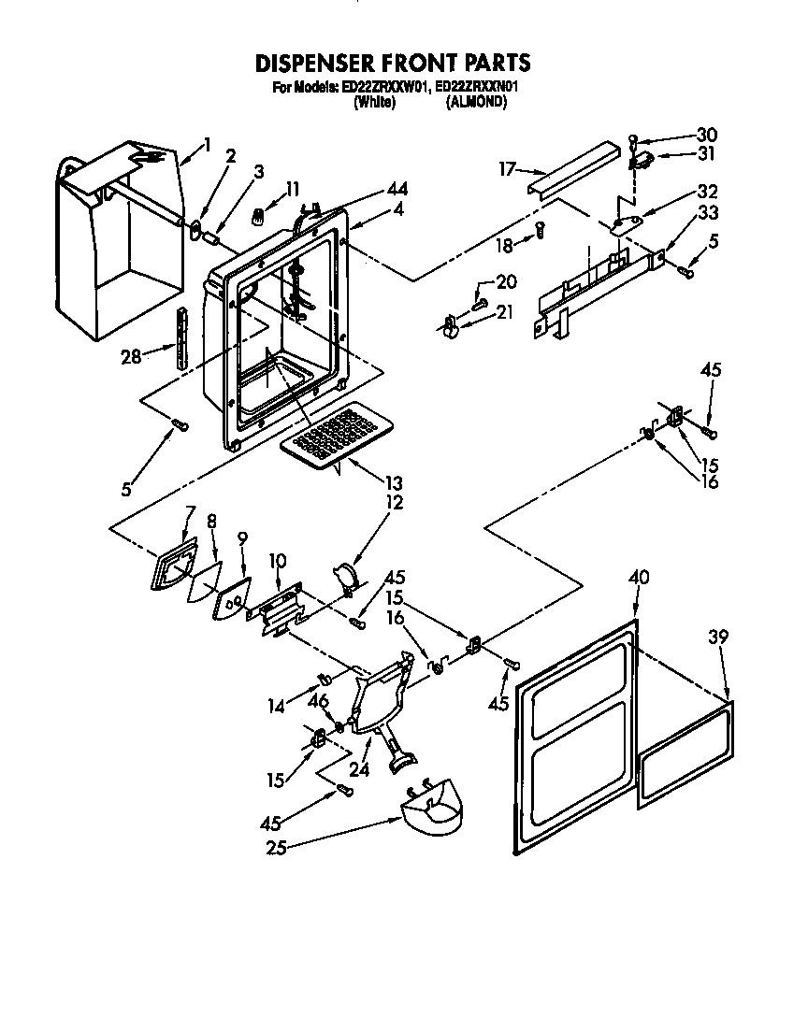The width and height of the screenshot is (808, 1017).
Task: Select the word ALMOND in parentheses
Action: pos(477,103)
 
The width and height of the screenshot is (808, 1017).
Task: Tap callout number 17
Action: pos(508,169)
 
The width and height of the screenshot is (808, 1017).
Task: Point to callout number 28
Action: pos(131,355)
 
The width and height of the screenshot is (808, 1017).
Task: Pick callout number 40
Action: pos(639,578)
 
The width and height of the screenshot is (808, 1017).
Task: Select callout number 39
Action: pos(719,637)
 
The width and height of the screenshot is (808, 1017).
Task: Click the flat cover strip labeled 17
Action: pos(571,169)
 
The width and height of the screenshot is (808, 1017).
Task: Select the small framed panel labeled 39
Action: pos(685,757)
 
